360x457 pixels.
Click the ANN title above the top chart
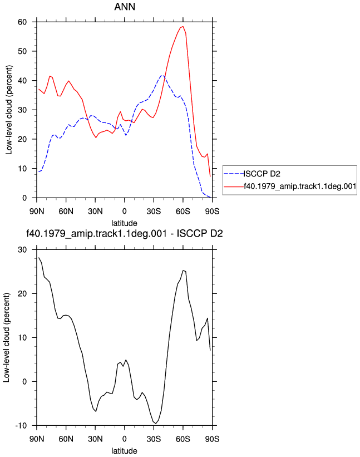[125, 7]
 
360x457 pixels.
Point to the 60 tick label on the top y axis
[22, 22]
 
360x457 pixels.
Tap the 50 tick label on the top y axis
[22, 51]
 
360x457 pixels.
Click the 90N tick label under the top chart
[37, 212]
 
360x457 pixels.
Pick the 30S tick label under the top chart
[154, 212]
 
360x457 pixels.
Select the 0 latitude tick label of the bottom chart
[125, 439]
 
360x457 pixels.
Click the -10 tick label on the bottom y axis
[21, 425]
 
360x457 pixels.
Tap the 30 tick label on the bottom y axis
[22, 250]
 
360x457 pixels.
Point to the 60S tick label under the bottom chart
[183, 439]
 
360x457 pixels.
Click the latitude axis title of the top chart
[125, 223]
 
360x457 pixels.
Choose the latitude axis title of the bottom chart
[125, 451]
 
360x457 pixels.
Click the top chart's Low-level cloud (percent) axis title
[9, 110]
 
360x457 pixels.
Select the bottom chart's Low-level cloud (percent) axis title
[7, 337]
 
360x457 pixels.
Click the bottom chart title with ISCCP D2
[125, 234]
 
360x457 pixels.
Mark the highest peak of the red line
[183, 27]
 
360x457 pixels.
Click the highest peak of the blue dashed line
[162, 76]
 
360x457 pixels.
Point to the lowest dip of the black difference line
[156, 423]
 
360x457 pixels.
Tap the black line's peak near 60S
[183, 270]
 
